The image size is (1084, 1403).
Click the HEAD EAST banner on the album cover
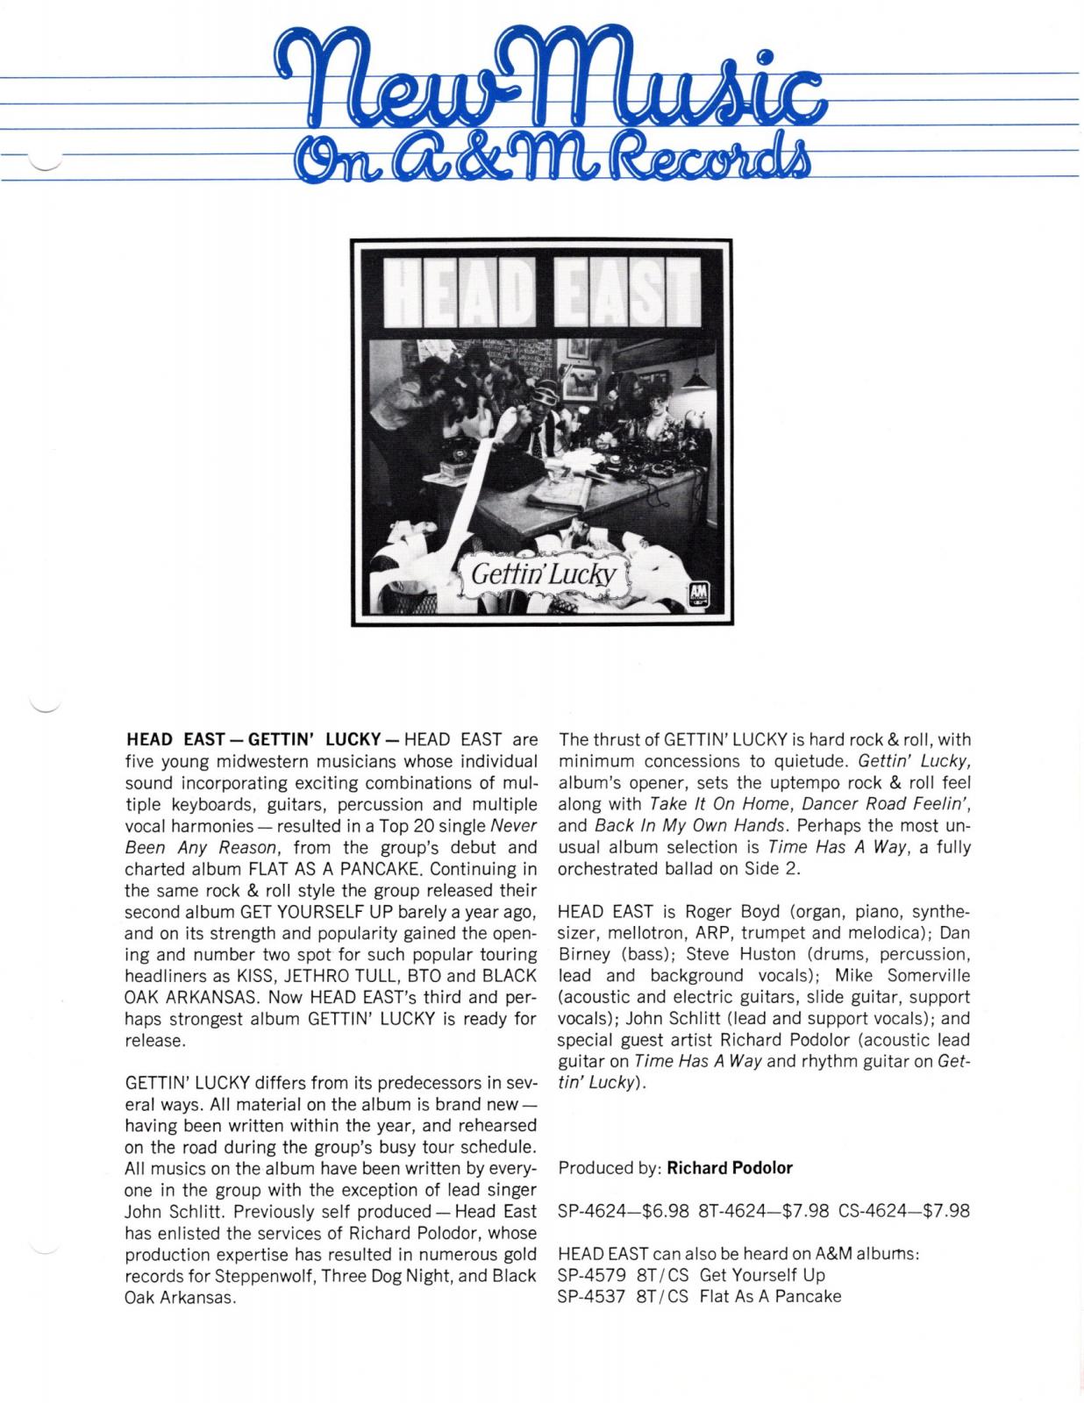[542, 290]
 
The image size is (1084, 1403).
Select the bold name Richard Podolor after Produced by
[730, 1167]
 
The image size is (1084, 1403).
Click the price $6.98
[666, 1211]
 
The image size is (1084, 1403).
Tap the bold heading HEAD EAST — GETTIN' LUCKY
[252, 740]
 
